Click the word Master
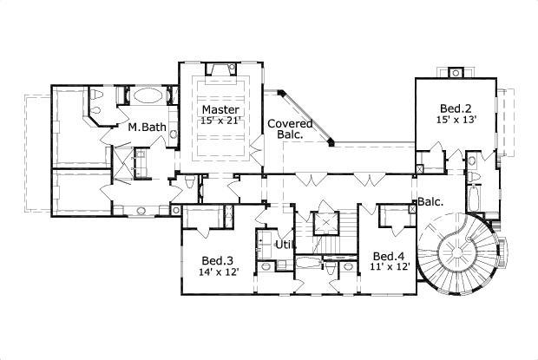[x=215, y=110]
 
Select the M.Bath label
[x=147, y=128]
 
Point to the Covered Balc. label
[x=284, y=129]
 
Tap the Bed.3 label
[x=217, y=260]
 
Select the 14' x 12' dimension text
[x=217, y=272]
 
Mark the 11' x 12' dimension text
[x=390, y=267]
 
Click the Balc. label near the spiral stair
[x=430, y=201]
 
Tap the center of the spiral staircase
[x=453, y=252]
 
